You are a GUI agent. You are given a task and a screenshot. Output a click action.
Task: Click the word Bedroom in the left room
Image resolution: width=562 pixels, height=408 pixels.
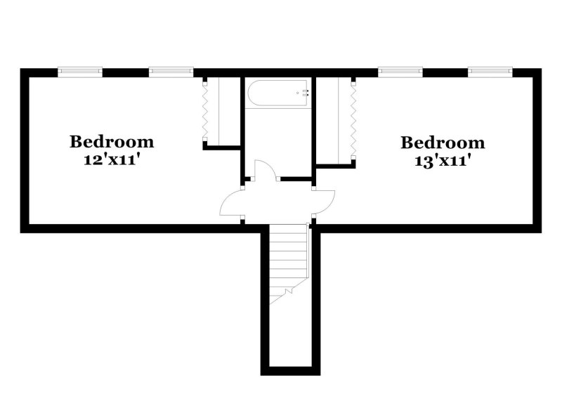tap(111, 141)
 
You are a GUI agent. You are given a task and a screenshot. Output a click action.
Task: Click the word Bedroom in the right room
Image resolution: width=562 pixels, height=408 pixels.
tap(443, 143)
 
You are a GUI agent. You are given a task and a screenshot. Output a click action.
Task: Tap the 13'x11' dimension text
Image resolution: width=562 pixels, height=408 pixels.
tap(443, 161)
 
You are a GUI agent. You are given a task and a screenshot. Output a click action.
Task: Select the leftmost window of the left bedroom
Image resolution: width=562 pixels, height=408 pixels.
tap(79, 70)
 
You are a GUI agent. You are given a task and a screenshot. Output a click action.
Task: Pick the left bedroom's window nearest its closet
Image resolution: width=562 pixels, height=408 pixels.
tap(171, 70)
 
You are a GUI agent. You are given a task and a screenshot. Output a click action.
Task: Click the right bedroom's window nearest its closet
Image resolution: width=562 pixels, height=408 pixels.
tap(400, 70)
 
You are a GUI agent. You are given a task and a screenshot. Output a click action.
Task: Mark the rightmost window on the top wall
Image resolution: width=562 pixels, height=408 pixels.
tap(491, 70)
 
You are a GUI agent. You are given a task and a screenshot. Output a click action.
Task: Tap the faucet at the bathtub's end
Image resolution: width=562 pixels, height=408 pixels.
tap(304, 91)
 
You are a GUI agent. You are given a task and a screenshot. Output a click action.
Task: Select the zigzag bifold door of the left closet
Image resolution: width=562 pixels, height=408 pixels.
tap(204, 112)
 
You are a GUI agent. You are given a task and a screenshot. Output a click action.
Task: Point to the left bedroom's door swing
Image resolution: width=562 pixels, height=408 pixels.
tap(232, 205)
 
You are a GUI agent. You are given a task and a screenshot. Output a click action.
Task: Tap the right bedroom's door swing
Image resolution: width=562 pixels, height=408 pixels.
tap(325, 204)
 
